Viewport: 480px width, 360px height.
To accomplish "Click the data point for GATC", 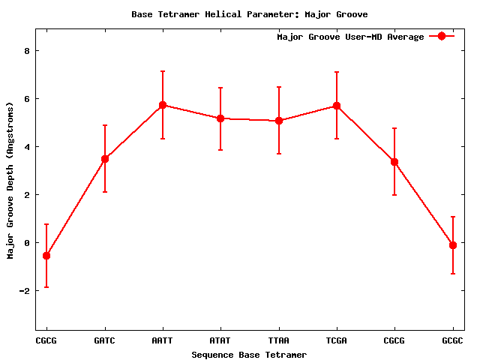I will (105, 159).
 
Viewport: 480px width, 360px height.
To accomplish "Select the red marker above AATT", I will (163, 105).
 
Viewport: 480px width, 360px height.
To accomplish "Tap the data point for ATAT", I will (220, 118).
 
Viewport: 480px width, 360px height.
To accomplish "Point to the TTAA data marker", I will (279, 121).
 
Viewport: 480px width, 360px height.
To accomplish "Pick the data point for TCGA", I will (337, 106).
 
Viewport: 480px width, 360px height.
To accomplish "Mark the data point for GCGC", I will (453, 245).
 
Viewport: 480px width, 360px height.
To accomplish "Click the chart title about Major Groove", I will (249, 14).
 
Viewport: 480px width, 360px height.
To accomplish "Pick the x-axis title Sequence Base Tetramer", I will (249, 355).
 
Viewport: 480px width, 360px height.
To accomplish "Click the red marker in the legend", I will (442, 37).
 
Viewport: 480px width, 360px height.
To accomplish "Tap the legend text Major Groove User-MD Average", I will (350, 37).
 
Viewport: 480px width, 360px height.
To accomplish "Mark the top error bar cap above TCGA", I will (337, 72).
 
